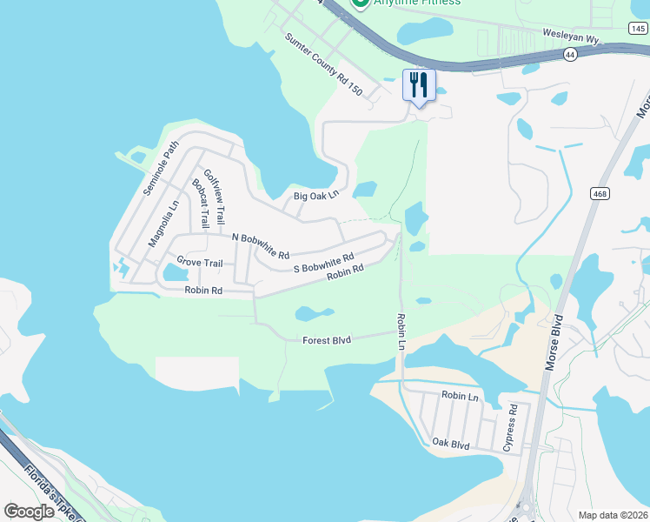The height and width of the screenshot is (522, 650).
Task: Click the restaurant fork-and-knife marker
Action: (x=419, y=85)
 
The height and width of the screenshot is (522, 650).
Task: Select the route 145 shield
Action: (x=637, y=28)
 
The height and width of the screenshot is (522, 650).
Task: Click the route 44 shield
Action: (x=570, y=54)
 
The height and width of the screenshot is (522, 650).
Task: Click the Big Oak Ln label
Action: (x=315, y=197)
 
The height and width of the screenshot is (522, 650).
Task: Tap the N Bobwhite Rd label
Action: (x=260, y=245)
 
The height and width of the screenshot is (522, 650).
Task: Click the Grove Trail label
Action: (x=200, y=262)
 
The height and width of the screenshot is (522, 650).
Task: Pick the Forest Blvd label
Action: (x=326, y=340)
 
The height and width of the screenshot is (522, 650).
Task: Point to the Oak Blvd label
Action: (x=451, y=444)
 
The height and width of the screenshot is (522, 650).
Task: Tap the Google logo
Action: (x=30, y=512)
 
